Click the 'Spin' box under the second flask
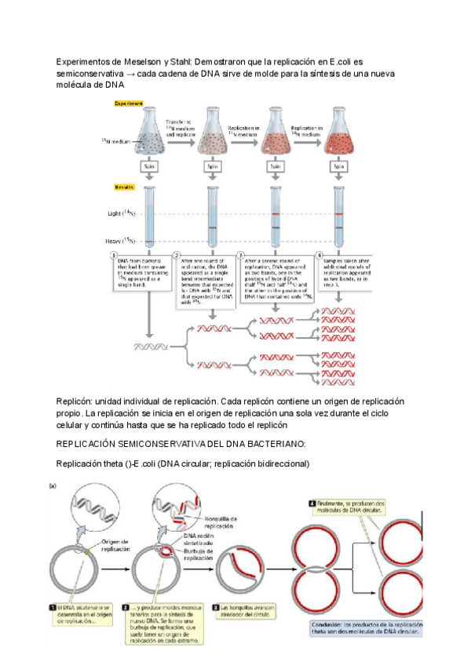point(211,166)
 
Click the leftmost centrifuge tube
point(148,220)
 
